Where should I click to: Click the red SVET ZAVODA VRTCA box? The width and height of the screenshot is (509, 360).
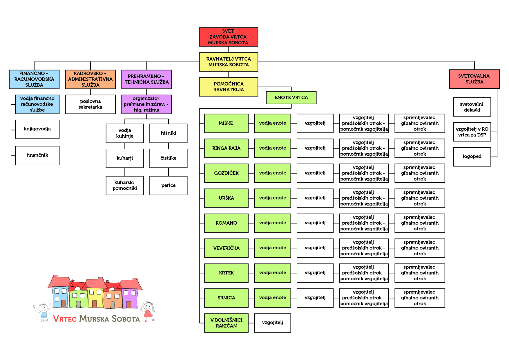click(x=228, y=37)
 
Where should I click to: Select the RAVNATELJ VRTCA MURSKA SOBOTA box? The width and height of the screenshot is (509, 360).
click(x=228, y=62)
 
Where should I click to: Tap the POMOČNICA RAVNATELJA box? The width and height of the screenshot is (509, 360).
click(x=228, y=87)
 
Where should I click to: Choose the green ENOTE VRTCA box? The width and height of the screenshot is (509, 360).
click(x=291, y=98)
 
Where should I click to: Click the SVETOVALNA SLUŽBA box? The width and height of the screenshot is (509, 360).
click(x=474, y=79)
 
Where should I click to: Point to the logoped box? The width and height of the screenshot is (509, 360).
click(x=472, y=157)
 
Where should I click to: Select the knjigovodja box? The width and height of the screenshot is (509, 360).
click(x=37, y=129)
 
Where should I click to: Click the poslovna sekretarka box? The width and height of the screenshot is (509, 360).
click(x=90, y=104)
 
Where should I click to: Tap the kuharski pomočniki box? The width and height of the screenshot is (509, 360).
click(x=124, y=186)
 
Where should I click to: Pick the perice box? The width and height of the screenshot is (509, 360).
click(x=168, y=186)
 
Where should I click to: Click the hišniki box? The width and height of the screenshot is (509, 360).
click(x=168, y=133)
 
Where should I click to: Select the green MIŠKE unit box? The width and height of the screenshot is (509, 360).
click(x=226, y=123)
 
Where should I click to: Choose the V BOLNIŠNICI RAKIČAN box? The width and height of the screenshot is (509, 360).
click(x=226, y=323)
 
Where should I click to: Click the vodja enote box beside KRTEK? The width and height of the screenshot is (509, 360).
click(x=272, y=273)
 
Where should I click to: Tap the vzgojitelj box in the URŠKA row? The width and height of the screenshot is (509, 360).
click(x=315, y=198)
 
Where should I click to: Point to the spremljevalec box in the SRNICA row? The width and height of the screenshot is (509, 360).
click(x=419, y=298)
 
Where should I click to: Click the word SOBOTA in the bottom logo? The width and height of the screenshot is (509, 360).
click(x=126, y=319)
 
